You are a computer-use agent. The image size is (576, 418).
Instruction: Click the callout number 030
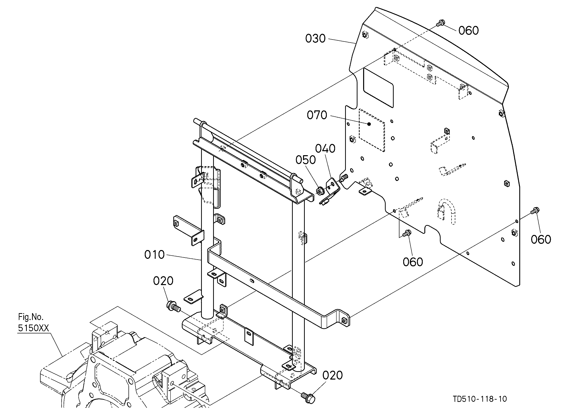[x=315, y=39]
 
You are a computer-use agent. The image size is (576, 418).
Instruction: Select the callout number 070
[x=317, y=115]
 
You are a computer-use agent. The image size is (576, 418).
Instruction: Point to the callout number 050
[x=306, y=160]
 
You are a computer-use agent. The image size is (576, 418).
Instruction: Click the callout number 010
[x=155, y=255]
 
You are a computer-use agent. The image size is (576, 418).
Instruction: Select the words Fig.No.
[x=31, y=317]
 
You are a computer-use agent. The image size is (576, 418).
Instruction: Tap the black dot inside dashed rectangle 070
[x=370, y=124]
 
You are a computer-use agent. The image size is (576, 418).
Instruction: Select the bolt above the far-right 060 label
[x=535, y=211]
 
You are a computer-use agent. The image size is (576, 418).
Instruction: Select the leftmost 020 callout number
[x=163, y=281]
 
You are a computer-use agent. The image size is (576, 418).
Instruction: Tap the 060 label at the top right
[x=469, y=31]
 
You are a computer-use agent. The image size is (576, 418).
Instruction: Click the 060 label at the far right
[x=541, y=240]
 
